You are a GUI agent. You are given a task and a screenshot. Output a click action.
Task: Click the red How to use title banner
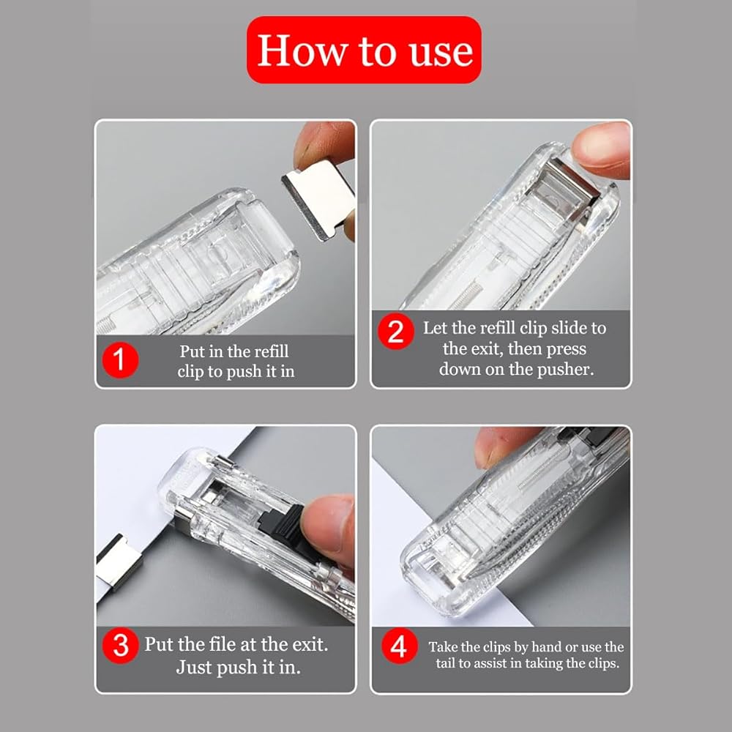point(364,50)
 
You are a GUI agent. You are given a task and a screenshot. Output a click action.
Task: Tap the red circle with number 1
point(121,360)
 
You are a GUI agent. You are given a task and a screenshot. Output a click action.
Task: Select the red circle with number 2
point(396,331)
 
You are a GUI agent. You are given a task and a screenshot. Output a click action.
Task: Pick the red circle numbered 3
point(121,646)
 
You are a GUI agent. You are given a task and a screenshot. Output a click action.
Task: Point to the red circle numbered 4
point(399,646)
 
